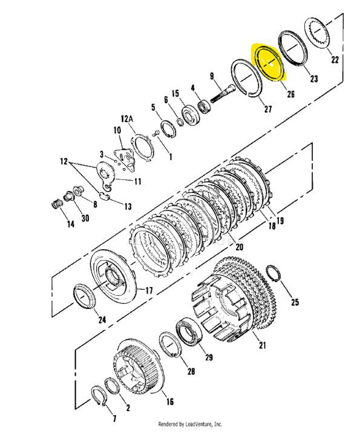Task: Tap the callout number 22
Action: point(335,60)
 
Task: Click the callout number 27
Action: point(268,109)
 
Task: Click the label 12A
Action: point(127,119)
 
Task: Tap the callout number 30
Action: point(85,218)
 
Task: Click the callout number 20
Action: point(239,247)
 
